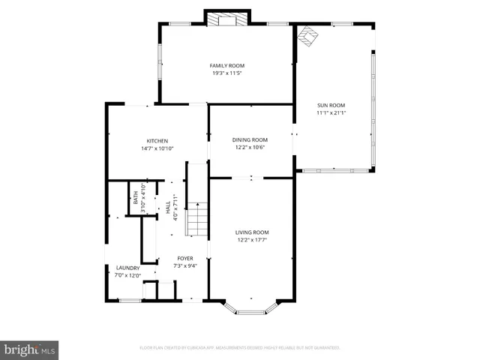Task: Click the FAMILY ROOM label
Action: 226,66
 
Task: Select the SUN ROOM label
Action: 331,105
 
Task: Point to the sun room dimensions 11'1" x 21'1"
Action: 331,113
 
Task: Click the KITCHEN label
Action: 157,141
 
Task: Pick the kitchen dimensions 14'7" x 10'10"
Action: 157,148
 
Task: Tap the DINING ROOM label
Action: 250,139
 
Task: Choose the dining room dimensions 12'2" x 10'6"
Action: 250,147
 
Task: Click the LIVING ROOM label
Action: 252,232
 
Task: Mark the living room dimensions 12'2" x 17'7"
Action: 252,240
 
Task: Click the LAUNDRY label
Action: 127,268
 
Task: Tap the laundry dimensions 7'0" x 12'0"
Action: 127,275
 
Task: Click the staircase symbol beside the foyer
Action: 196,220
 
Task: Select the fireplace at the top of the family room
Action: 227,19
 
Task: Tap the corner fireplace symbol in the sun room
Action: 307,36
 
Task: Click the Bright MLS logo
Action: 30,349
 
